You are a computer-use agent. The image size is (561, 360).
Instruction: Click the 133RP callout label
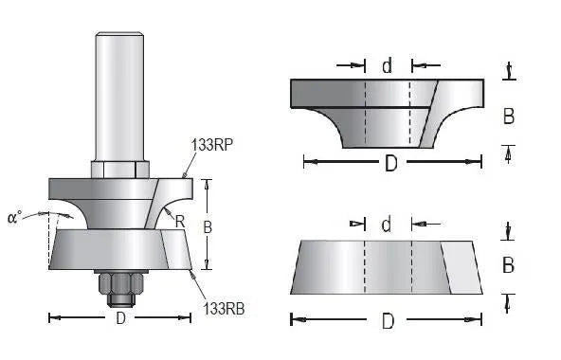pos(212,145)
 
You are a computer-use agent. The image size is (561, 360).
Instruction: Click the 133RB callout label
pos(224,309)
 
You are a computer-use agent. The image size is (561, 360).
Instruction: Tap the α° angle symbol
pos(14,217)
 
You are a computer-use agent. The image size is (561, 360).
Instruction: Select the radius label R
pos(180,222)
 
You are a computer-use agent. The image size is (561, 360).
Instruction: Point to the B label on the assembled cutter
pos(208,227)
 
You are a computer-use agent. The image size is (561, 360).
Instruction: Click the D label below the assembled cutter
pos(121,318)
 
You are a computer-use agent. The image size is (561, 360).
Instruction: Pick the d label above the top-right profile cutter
pos(388,66)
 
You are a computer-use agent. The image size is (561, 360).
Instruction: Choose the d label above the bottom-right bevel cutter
pos(387,225)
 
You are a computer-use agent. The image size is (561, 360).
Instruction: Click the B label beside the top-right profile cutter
pos(509,117)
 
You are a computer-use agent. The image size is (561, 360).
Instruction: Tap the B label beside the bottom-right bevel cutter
pos(508,265)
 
